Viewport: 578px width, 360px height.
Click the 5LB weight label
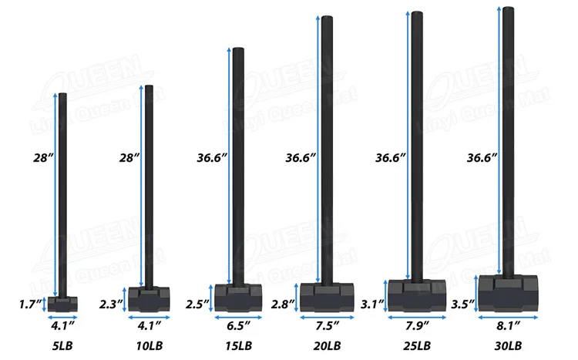[x=62, y=346]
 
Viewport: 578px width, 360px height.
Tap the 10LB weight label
[x=150, y=346]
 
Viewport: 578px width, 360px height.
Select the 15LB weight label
[x=239, y=346]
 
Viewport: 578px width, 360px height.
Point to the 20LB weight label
[x=328, y=346]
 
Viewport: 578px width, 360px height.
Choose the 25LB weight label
[x=417, y=346]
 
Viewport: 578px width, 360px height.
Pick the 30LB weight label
[x=509, y=346]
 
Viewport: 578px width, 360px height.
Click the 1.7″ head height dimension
[x=30, y=304]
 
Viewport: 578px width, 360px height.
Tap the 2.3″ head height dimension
[x=111, y=304]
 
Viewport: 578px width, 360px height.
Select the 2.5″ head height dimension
[x=197, y=304]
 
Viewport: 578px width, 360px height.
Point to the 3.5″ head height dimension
[x=463, y=304]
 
